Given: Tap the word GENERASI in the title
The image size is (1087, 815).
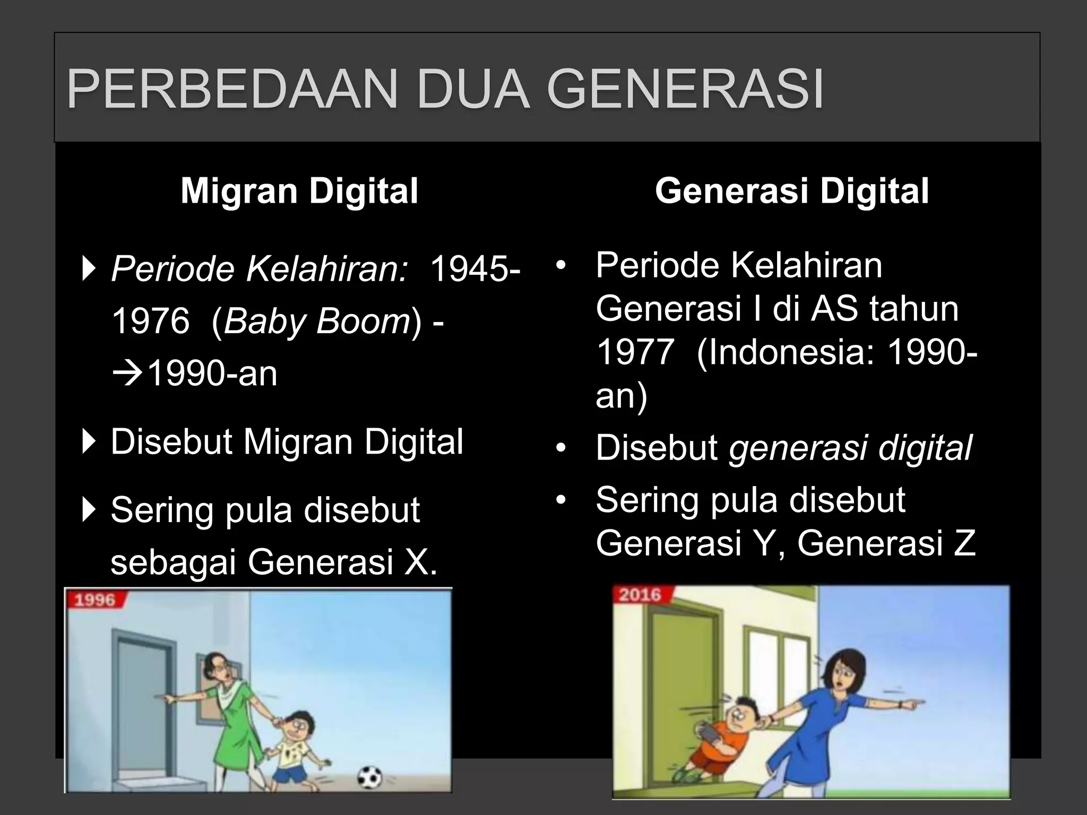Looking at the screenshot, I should [685, 89].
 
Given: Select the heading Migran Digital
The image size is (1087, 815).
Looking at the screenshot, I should [299, 191].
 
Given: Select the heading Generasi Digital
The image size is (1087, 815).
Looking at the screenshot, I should [792, 191].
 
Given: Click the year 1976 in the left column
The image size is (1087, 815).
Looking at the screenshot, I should [151, 321].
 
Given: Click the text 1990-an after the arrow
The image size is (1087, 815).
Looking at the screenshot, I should [212, 373].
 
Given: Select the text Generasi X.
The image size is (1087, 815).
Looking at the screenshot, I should [342, 562].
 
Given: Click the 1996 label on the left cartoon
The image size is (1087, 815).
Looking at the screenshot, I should [95, 600].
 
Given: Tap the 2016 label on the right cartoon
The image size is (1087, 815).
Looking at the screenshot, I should [640, 595].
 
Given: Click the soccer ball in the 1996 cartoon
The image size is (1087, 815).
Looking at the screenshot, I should [369, 778].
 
